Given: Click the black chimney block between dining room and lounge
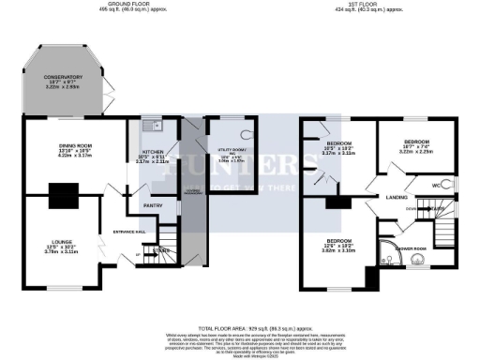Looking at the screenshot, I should (x=64, y=195).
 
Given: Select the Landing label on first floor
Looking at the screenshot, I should (x=394, y=197).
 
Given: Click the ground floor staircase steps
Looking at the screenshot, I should (x=167, y=239).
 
